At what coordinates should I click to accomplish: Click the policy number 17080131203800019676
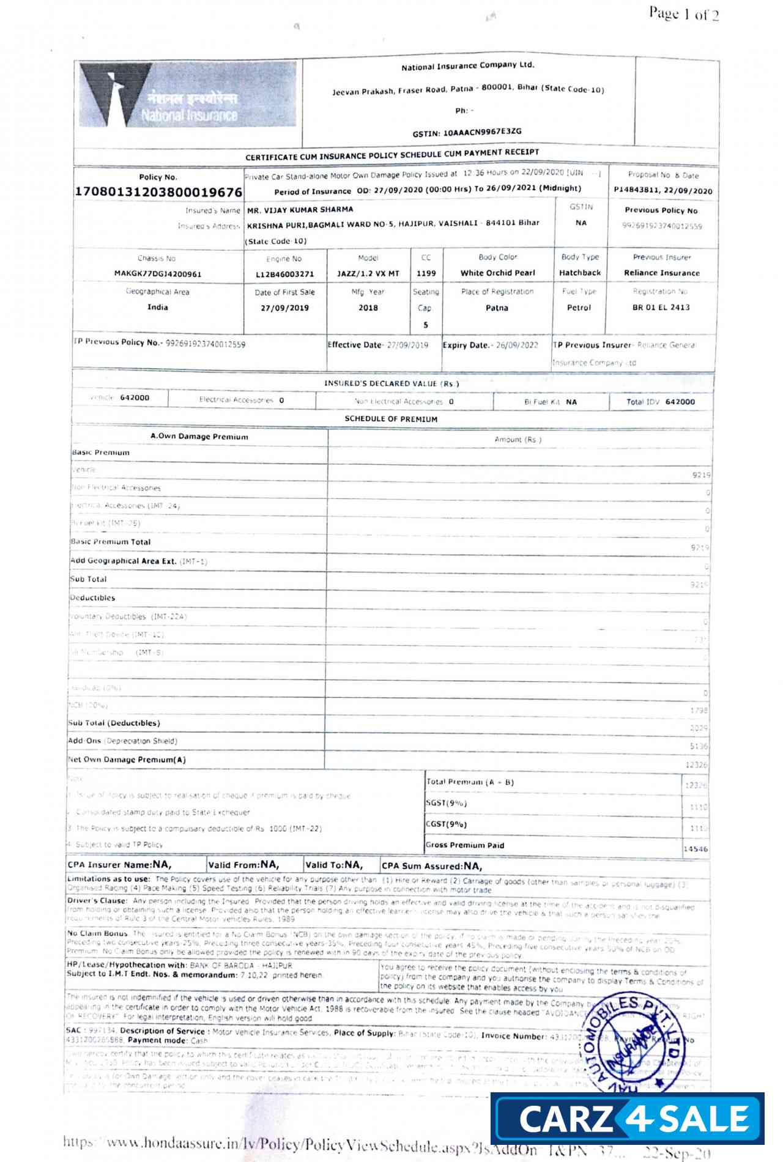158,192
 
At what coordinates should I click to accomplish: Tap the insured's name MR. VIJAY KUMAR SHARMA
300,209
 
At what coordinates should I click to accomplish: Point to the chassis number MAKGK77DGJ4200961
157,274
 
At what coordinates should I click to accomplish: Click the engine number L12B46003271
284,275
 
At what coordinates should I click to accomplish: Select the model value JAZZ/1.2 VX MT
368,273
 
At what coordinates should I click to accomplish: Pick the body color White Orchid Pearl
497,273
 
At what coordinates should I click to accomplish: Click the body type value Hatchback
579,273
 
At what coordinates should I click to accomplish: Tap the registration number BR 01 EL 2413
661,307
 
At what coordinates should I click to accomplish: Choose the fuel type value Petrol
579,308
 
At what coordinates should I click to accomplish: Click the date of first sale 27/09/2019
284,308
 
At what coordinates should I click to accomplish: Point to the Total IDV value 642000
680,402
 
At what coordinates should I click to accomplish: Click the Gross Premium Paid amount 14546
696,849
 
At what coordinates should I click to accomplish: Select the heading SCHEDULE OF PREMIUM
391,419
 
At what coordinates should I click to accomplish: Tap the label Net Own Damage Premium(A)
127,760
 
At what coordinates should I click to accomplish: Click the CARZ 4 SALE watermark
627,1119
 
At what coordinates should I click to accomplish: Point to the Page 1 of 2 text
683,13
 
